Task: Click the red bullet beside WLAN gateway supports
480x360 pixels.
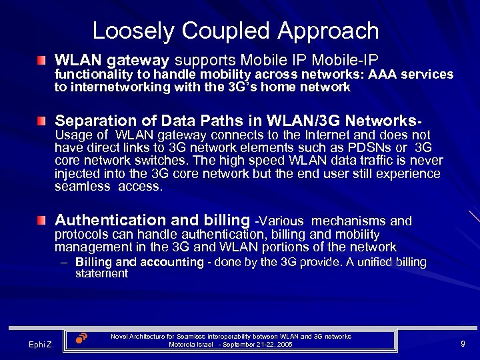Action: (43, 61)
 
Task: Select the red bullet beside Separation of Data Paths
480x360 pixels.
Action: (43, 122)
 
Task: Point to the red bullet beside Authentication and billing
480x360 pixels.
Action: (43, 221)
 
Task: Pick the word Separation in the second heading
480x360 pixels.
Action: (91, 121)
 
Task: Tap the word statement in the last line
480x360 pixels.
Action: (101, 273)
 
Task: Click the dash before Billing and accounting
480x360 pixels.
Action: (64, 262)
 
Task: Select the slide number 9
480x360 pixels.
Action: (463, 343)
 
